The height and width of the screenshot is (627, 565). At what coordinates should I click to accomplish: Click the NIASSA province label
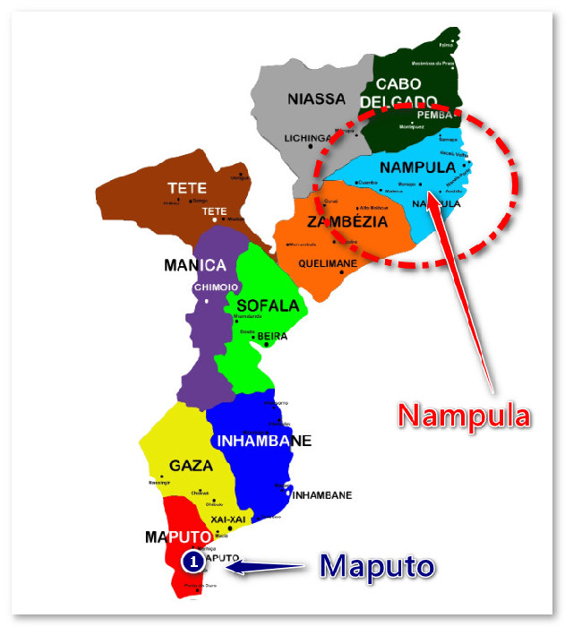point(316,99)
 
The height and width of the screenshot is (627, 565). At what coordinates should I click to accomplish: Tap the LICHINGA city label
point(308,139)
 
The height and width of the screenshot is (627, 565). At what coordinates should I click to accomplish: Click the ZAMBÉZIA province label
point(347,221)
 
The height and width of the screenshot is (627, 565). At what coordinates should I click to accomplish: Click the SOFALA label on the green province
point(268,305)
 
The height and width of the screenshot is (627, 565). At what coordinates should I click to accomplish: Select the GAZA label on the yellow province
point(191,466)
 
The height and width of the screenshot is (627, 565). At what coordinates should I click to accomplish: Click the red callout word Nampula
point(464,415)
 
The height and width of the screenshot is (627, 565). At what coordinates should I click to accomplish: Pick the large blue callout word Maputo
point(377,565)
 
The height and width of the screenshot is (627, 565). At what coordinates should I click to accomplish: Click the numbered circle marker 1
point(193,562)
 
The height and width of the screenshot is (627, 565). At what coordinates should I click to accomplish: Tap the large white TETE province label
point(187,189)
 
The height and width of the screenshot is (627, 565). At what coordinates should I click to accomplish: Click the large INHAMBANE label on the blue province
point(263,441)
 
